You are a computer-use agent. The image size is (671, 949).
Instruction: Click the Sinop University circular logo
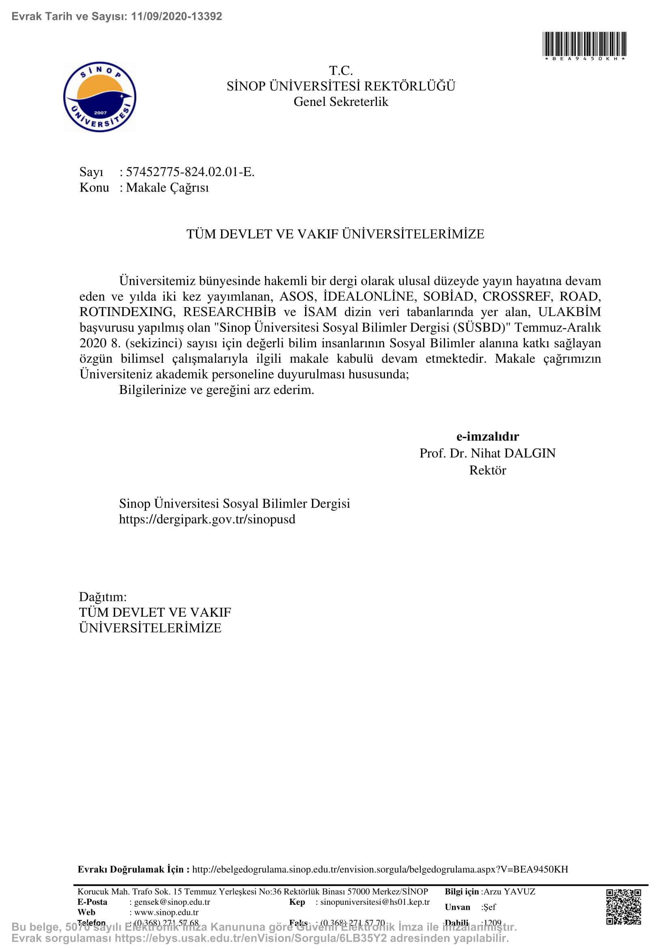tap(99, 97)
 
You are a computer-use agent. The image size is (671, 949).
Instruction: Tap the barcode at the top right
tap(584, 44)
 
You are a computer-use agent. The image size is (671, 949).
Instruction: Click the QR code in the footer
tap(624, 906)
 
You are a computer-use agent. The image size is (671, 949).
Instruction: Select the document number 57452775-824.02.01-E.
tap(190, 172)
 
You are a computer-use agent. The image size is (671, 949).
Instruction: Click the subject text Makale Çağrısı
tap(167, 188)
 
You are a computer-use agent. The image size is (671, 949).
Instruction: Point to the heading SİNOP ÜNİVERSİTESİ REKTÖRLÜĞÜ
tap(341, 86)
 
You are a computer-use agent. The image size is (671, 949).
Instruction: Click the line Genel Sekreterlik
tap(341, 102)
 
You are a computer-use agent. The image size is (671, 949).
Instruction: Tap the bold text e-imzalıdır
tap(488, 437)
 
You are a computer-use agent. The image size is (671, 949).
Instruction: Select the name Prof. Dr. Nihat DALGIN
tap(488, 454)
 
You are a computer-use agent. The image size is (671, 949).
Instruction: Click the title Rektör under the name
tap(488, 470)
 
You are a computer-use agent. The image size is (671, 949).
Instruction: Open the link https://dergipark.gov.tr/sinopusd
tap(207, 519)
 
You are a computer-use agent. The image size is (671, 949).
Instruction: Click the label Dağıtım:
tap(103, 597)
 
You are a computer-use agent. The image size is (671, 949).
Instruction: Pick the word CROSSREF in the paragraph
tap(516, 296)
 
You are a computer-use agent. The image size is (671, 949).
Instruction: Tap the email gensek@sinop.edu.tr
tap(172, 902)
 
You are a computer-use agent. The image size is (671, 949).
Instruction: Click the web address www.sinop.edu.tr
tap(166, 912)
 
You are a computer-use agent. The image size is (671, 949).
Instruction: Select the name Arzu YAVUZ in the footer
tap(510, 891)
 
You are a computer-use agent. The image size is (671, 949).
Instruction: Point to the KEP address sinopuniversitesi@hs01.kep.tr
tap(375, 902)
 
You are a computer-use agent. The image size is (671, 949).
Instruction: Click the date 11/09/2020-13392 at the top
tap(176, 17)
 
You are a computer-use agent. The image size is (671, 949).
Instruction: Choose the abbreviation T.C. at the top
tap(341, 71)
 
